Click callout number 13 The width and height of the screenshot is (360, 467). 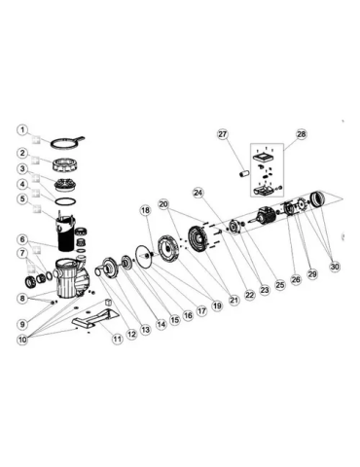145,331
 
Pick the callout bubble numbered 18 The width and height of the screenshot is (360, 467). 145,210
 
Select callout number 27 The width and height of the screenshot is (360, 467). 222,134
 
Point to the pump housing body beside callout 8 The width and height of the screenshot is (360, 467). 68,282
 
